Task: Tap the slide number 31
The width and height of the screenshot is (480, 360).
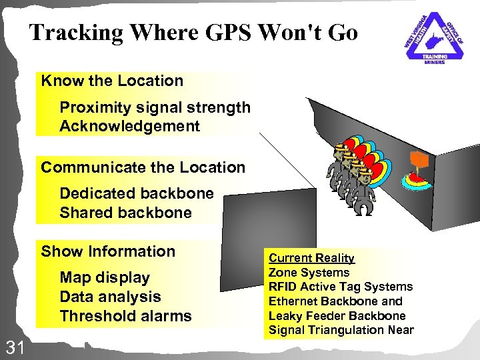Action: coord(15,346)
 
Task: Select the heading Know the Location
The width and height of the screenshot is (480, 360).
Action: coord(112,81)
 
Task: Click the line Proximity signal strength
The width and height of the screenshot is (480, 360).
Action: coord(155,107)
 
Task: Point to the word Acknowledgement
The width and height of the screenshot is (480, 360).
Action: coord(129,126)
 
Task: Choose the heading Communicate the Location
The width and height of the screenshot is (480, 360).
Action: coord(143,167)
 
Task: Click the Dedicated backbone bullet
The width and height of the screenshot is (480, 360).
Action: coord(137,193)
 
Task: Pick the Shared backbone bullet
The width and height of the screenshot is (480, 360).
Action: coord(125,213)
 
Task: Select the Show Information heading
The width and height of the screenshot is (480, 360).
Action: coord(108,251)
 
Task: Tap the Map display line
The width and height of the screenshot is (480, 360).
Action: coord(105,277)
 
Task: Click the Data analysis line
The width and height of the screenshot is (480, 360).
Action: coord(110,297)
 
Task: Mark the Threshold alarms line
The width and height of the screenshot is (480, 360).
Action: coord(125,316)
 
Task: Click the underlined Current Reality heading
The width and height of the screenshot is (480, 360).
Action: coord(311,258)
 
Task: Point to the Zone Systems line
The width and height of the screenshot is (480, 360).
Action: coord(309,272)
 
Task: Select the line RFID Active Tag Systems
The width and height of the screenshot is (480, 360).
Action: coord(340,287)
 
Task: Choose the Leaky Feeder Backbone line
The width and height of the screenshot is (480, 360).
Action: coord(337,315)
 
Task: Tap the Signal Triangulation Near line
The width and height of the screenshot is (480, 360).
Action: coord(341,330)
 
